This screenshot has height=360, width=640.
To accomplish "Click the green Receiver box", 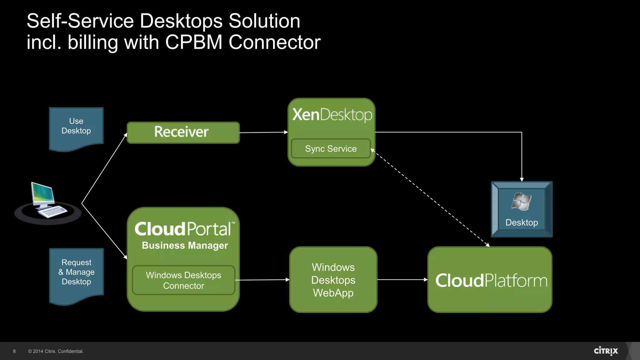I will [183, 132].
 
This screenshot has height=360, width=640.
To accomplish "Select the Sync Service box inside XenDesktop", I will [331, 149].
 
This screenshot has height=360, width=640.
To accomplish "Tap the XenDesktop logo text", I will [332, 115].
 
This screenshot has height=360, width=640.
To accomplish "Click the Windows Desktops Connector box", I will [183, 280].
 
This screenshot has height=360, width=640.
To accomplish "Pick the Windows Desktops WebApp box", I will [333, 280].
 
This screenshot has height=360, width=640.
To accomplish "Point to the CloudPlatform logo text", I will [491, 280].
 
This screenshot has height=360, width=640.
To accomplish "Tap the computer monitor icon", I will [43, 195].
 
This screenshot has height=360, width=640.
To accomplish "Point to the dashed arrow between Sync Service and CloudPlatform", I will [431, 198].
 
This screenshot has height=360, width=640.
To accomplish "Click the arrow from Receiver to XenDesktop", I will [263, 132].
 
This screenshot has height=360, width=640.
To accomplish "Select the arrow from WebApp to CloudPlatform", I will [402, 280].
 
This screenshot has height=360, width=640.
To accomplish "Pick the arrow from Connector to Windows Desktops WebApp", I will [262, 280].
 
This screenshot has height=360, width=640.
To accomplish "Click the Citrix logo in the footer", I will [606, 351].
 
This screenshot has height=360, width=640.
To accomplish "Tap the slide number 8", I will [14, 351].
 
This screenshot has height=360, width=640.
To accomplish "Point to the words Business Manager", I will [185, 246].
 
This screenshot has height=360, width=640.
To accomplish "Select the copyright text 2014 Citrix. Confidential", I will [56, 351].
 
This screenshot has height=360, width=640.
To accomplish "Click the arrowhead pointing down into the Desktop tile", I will [522, 179].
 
